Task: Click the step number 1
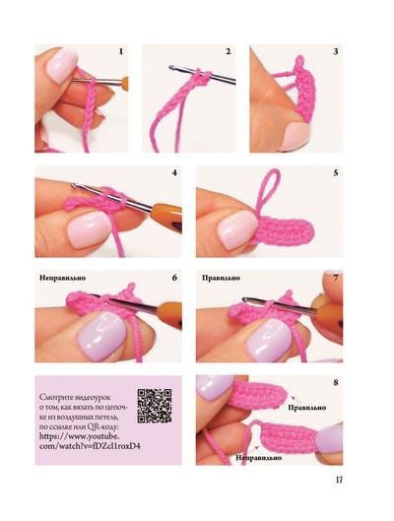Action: tap(121, 51)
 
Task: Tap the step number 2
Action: tap(228, 51)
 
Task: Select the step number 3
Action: tap(336, 51)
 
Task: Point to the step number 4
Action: tap(174, 172)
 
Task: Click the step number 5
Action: tap(336, 172)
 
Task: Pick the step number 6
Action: tap(174, 278)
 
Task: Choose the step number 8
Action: tap(336, 382)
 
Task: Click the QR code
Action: tap(155, 406)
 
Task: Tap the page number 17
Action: tap(339, 480)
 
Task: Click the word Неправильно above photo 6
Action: tap(62, 278)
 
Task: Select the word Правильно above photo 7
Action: tap(221, 278)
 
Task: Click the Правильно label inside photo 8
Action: tap(307, 408)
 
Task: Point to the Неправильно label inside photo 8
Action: tap(259, 458)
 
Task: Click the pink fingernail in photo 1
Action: tap(61, 65)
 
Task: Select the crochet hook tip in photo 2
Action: tap(171, 67)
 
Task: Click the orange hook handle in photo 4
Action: tap(166, 216)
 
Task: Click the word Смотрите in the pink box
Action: tap(58, 397)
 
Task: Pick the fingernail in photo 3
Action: tap(295, 135)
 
